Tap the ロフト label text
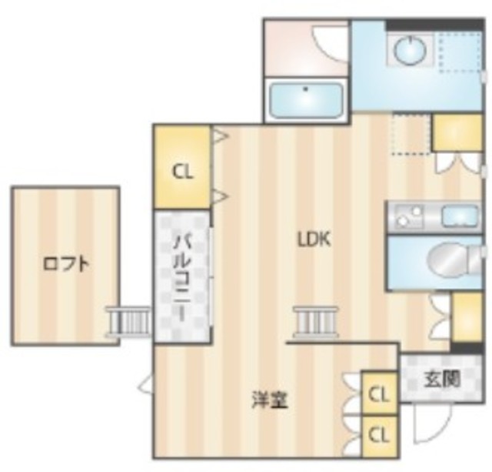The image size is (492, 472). pos(65,264)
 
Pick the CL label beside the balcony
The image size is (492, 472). pos(182,171)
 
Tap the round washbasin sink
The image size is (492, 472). pos(409,51)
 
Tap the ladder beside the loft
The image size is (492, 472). pos(129,320)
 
